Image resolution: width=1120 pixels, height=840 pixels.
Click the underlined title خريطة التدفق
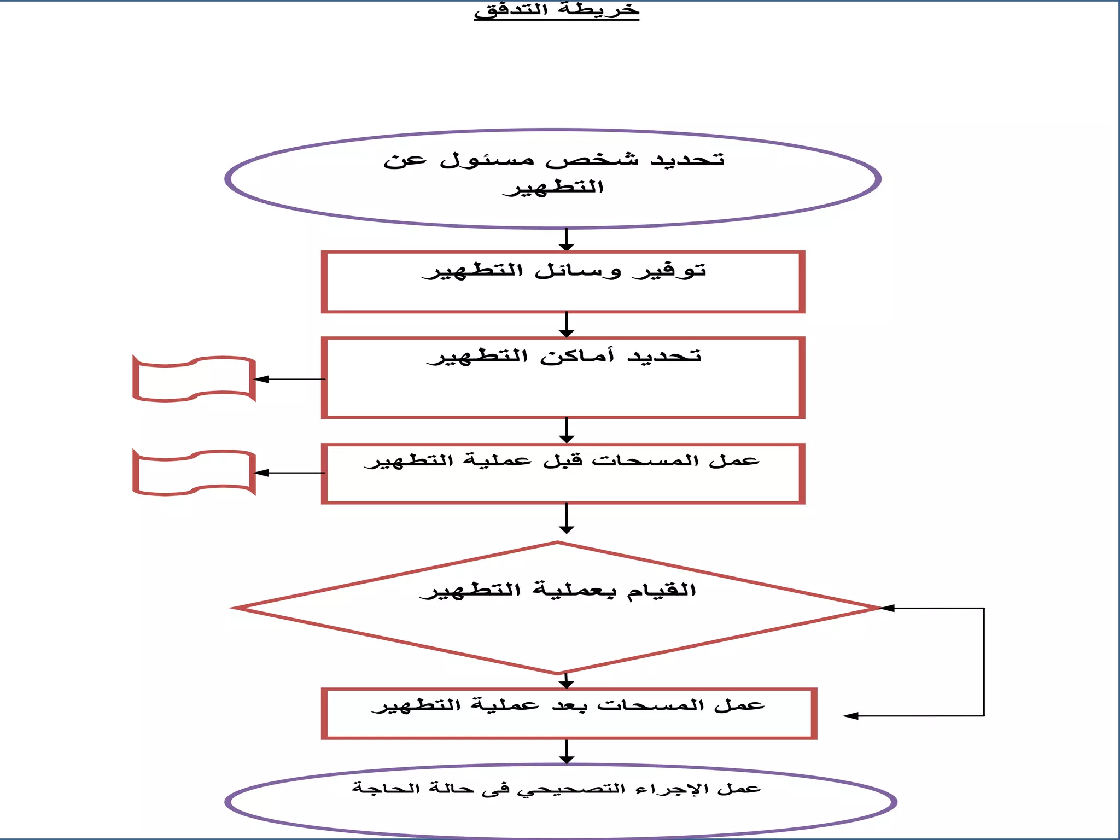point(556,10)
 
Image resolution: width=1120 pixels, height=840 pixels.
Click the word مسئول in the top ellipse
point(487,160)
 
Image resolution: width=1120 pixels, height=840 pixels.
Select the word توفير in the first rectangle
point(669,271)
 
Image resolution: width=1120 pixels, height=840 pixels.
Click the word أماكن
point(577,356)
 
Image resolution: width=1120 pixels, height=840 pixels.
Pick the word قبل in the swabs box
point(563,461)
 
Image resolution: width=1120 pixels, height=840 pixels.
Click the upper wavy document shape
point(194,379)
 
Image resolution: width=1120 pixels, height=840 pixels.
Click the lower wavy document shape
point(194,473)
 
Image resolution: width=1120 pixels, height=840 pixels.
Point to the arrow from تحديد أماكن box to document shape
point(290,379)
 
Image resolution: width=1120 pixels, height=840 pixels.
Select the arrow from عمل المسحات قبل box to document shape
point(290,473)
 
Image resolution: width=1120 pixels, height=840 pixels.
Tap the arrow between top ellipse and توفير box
point(567,240)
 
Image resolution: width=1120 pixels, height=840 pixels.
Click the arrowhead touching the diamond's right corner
point(887,608)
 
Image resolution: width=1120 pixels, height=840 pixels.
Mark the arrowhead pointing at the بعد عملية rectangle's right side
point(851,716)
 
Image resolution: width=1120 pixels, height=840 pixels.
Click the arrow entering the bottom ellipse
point(567,752)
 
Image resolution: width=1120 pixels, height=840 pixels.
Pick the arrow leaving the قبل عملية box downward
point(567,518)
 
